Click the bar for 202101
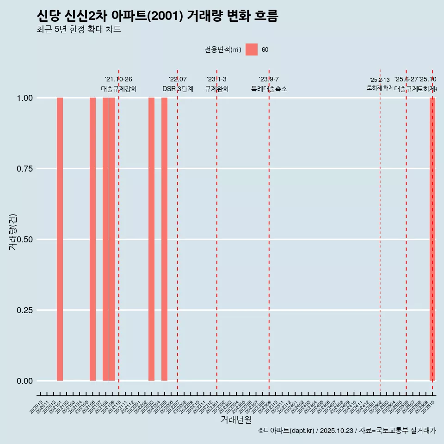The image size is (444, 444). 60,239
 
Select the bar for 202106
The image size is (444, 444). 92,239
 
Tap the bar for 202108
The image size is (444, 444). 105,239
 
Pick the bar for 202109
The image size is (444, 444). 112,239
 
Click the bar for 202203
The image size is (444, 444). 151,239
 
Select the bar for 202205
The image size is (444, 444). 164,239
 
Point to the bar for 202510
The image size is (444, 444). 432,239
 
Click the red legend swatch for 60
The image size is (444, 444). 252,49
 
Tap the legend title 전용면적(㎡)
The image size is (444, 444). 223,50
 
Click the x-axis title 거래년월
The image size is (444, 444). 236,420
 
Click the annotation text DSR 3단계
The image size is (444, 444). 178,89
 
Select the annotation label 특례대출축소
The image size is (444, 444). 269,89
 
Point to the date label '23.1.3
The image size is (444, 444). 216,80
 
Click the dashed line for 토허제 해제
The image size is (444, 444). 380,231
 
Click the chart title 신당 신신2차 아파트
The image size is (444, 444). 157,16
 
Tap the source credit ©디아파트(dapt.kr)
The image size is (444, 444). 286,431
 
